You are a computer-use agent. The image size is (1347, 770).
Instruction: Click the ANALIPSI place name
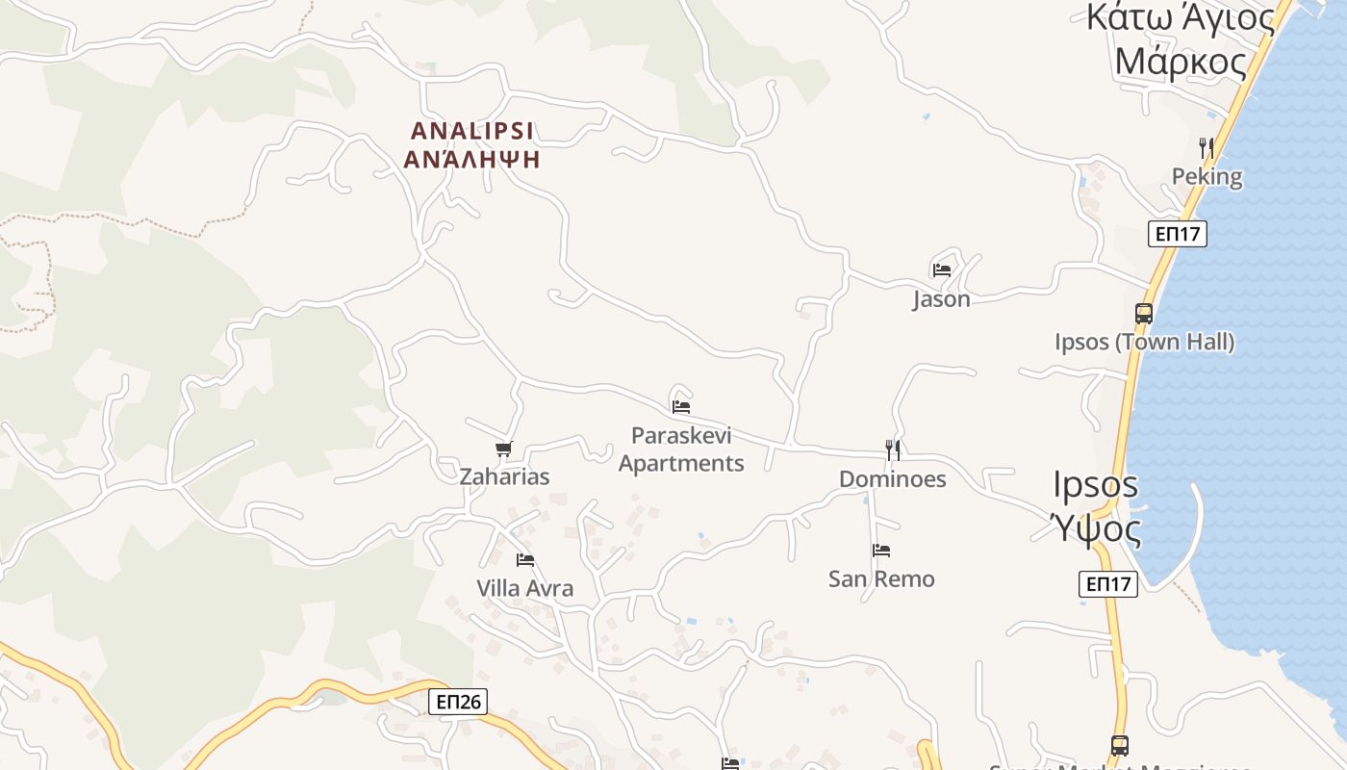[472, 130]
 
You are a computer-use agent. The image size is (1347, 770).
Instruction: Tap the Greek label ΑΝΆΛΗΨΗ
[472, 160]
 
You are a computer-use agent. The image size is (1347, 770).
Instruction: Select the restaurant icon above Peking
[1206, 147]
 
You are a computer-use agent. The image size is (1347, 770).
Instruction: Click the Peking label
[1207, 177]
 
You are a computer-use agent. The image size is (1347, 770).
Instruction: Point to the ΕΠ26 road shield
[458, 702]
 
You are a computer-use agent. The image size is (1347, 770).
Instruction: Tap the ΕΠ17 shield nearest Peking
[1178, 234]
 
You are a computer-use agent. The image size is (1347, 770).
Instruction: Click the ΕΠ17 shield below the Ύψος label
[1108, 583]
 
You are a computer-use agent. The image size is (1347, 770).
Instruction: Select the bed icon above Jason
[942, 270]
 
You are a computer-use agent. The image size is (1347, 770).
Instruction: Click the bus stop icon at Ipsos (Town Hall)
[1144, 314]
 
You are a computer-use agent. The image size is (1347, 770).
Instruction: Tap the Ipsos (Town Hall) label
[1144, 342]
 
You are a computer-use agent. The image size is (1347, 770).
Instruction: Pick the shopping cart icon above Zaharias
[504, 449]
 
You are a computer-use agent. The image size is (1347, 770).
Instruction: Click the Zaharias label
[504, 476]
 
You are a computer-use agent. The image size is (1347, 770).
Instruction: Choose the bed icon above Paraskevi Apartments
[681, 406]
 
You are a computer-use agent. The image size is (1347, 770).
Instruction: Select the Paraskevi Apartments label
[681, 449]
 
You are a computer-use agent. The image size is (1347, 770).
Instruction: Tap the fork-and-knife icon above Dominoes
[893, 449]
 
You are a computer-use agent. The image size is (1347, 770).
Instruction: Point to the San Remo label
[881, 579]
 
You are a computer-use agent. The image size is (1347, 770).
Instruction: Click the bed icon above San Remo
[881, 551]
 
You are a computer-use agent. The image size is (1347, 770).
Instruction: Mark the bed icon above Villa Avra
[525, 559]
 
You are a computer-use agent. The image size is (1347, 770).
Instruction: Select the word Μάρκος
[1181, 62]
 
